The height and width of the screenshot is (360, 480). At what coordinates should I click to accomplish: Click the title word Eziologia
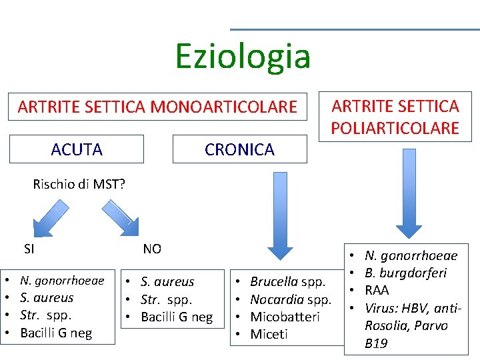243,56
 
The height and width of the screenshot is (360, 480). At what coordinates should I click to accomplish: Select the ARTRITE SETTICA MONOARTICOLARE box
157,107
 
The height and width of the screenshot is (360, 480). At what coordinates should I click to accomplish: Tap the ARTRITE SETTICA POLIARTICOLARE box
395,117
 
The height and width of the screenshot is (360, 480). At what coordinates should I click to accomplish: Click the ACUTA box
77,149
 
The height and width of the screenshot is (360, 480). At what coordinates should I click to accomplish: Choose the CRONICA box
239,149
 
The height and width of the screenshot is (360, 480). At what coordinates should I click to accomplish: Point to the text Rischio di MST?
79,185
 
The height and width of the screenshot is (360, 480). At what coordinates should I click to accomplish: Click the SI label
29,249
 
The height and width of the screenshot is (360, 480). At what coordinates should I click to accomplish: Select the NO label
152,249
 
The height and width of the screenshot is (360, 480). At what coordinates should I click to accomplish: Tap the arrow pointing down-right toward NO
121,219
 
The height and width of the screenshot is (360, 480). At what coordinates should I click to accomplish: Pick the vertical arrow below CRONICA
279,213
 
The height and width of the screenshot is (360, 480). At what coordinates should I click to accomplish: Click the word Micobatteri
285,317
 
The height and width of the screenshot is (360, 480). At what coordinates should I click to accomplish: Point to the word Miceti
269,334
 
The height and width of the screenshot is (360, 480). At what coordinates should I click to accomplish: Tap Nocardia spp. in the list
290,299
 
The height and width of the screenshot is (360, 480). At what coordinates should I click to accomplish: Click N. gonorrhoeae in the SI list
62,281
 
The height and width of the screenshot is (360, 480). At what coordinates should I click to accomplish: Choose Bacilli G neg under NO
177,317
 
